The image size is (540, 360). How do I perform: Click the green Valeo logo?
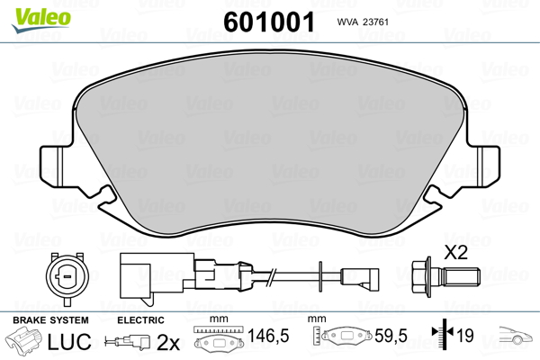(41, 20)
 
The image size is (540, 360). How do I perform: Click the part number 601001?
(269, 22)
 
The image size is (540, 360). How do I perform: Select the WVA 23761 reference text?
(363, 22)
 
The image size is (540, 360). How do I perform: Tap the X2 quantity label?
(455, 253)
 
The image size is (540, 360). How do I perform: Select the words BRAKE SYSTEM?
(50, 320)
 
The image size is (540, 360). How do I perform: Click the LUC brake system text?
(69, 342)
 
